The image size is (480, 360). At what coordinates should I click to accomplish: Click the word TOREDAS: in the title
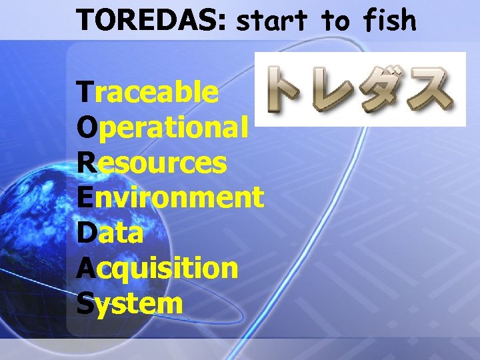click(153, 20)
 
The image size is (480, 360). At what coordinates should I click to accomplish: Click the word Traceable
click(147, 93)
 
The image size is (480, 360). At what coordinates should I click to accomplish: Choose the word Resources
click(152, 163)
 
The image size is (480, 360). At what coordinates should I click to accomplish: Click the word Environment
click(171, 197)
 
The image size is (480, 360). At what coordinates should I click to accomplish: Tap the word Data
click(110, 233)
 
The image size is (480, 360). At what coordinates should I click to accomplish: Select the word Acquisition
click(157, 269)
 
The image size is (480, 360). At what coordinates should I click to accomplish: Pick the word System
click(130, 303)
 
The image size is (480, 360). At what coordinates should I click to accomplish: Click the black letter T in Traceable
click(85, 93)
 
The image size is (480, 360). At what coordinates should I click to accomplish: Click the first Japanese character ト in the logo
click(289, 89)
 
